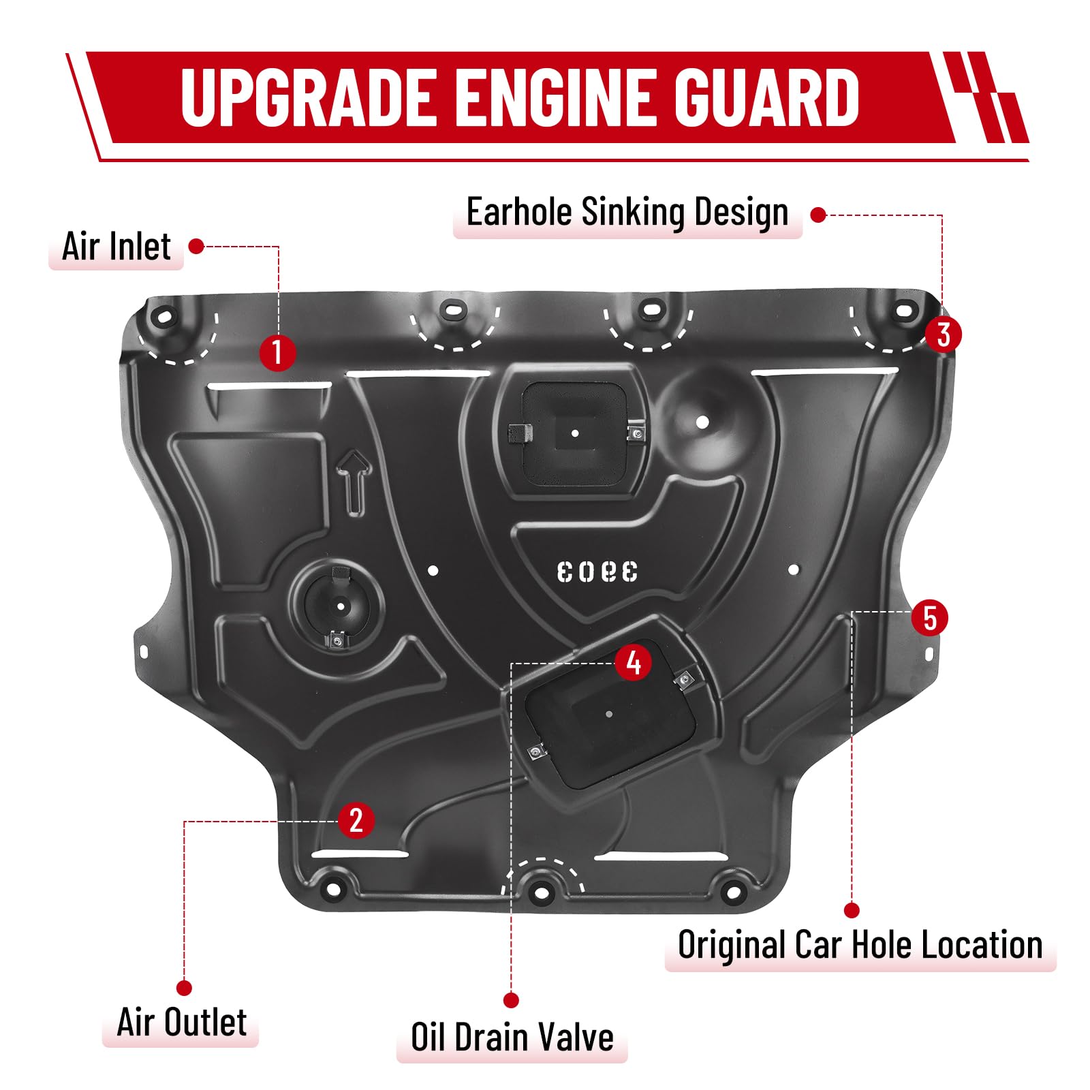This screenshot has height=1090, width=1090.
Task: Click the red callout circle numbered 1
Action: pos(277,353)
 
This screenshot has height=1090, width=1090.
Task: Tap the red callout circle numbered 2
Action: pos(356,820)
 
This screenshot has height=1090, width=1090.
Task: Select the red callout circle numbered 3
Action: pos(943,334)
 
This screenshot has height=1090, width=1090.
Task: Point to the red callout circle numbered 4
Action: pos(633,662)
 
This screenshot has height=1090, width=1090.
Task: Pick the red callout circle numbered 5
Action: pos(930,618)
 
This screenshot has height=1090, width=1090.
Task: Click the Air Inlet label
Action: pos(116,247)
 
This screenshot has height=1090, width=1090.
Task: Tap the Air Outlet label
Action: pos(181,1023)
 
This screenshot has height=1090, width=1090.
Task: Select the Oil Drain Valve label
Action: pos(512,1038)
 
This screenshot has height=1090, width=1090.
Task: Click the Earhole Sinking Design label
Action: pos(627,212)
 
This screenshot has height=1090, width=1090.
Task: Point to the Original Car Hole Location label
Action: pos(860,945)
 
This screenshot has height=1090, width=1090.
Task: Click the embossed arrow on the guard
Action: pos(354,481)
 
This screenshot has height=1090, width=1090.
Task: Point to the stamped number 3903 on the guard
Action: pos(597,572)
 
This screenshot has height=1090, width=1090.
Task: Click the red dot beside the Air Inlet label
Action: pos(196,247)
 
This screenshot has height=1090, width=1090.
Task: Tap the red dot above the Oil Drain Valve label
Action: pos(511,1000)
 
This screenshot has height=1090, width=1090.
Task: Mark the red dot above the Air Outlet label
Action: pos(184,988)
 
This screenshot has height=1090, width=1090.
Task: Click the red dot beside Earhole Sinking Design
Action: pos(818,215)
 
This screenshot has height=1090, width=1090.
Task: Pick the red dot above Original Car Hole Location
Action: pos(852,910)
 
